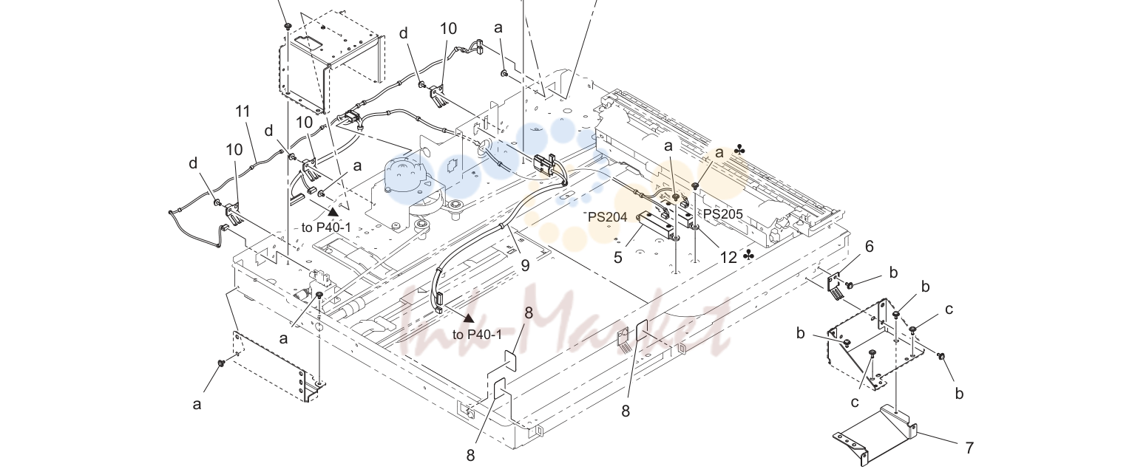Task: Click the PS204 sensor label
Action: pyautogui.click(x=608, y=217)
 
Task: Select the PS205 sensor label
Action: pyautogui.click(x=722, y=214)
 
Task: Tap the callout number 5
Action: pyautogui.click(x=617, y=257)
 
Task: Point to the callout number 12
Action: pyautogui.click(x=728, y=257)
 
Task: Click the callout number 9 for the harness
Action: pyautogui.click(x=525, y=265)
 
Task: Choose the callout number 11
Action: pyautogui.click(x=243, y=112)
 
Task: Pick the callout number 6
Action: pyautogui.click(x=870, y=247)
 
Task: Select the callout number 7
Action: pyautogui.click(x=969, y=448)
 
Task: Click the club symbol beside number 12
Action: pyautogui.click(x=748, y=256)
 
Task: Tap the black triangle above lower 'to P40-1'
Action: pyautogui.click(x=469, y=318)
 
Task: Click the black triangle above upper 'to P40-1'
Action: pyautogui.click(x=333, y=212)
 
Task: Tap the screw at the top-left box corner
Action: pyautogui.click(x=288, y=25)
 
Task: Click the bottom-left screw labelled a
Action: pyautogui.click(x=221, y=363)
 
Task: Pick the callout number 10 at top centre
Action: pyautogui.click(x=448, y=29)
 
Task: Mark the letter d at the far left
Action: pyautogui.click(x=192, y=163)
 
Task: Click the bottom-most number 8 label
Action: pyautogui.click(x=470, y=455)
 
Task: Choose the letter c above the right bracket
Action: pyautogui.click(x=949, y=309)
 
